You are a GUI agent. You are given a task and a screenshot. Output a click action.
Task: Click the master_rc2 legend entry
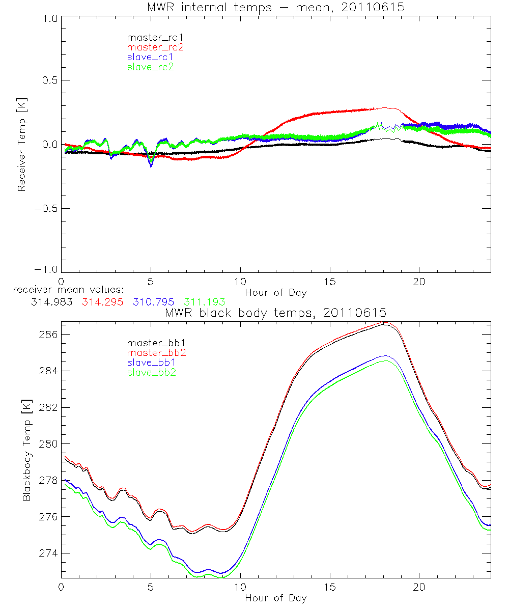(155, 47)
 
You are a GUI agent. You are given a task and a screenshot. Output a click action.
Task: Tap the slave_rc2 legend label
(151, 67)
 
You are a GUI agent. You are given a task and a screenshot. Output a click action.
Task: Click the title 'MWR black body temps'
(275, 313)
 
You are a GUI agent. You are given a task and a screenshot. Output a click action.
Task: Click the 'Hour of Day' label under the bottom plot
(275, 597)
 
